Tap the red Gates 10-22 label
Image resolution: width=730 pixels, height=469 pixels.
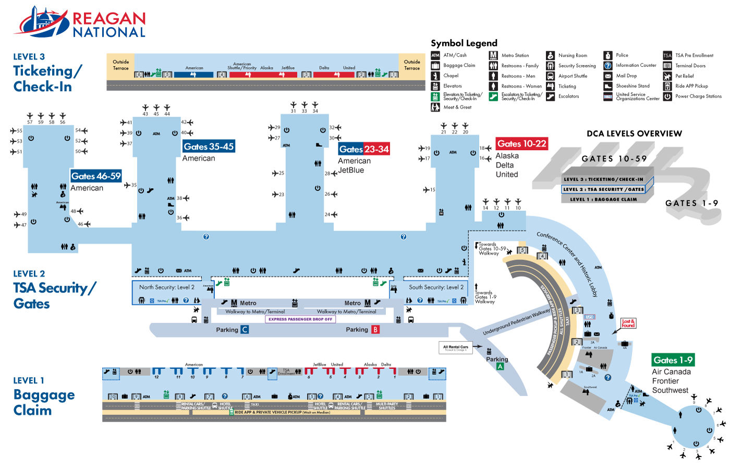tap(521, 144)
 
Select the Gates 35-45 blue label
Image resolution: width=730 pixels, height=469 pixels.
tap(209, 147)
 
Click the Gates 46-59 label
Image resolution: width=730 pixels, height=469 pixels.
tap(96, 176)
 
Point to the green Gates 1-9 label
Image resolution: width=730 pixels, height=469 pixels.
tap(673, 360)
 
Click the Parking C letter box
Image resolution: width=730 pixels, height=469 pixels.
tap(244, 330)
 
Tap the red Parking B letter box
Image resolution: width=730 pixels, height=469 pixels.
tap(375, 330)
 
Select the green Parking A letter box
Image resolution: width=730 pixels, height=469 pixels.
tap(500, 367)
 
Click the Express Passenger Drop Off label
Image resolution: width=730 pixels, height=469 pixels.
tap(300, 319)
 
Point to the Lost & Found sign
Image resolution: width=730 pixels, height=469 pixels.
tap(628, 323)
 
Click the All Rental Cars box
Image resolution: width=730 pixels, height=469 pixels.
tap(456, 348)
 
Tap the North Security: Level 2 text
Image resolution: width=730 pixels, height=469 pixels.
tap(166, 287)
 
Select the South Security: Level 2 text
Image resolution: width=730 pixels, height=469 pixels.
tap(436, 287)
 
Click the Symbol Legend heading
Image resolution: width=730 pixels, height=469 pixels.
tap(464, 43)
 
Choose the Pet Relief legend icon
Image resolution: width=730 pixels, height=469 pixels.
tap(667, 76)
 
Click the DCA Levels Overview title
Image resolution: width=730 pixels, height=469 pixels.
tap(634, 133)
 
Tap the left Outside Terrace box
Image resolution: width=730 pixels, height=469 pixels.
tap(120, 65)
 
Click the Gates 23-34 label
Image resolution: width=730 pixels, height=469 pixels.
tap(364, 150)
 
